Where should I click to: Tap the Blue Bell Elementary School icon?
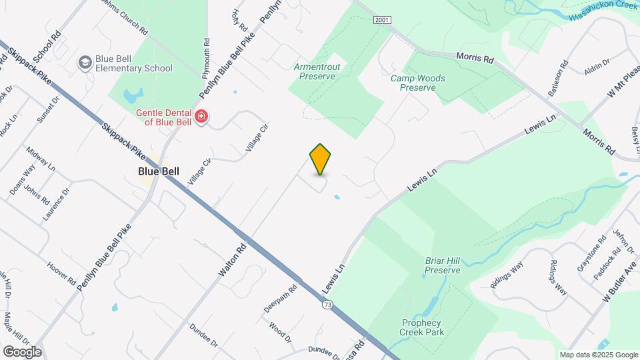[85, 63]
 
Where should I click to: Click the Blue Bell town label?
[158, 171]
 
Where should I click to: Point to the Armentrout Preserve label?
[317, 71]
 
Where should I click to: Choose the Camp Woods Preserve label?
[417, 83]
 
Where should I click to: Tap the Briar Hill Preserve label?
[443, 265]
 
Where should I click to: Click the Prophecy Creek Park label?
[422, 327]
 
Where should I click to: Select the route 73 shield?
[327, 305]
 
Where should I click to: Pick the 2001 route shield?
[381, 21]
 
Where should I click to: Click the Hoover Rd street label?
[61, 274]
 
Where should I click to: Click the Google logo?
[22, 351]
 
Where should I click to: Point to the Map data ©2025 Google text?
[599, 355]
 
